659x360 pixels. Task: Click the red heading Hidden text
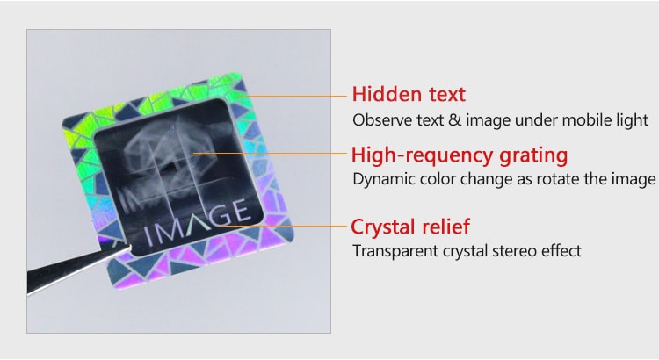409,94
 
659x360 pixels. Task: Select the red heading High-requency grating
460,155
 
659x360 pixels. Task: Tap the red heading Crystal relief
410,227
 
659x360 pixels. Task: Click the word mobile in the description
587,120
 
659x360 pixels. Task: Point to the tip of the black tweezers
131,247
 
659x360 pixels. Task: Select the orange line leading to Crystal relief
283,226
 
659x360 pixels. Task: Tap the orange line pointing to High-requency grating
271,154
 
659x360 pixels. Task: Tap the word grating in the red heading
533,155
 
